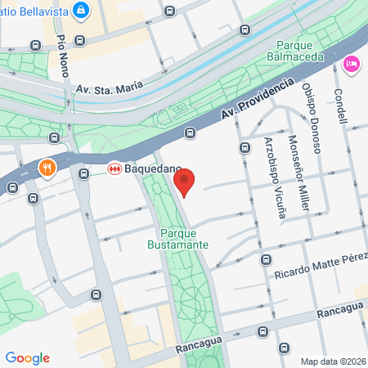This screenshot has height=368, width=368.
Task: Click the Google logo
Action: (27, 358)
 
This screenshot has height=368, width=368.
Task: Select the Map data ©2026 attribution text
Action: (333, 361)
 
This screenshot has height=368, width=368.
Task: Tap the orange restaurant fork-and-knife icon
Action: (47, 168)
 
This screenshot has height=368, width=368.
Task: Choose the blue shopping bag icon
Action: (81, 11)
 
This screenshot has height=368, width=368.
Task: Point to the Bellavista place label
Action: (33, 9)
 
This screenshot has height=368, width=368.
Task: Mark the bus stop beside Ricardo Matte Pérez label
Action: (266, 260)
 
